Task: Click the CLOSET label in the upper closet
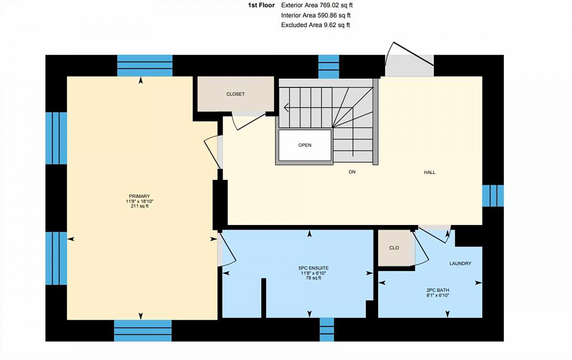(235, 94)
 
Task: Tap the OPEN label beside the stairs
(305, 145)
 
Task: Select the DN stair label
(352, 172)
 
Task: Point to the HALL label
(430, 173)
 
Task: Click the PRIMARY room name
(139, 196)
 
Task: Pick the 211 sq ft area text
(139, 206)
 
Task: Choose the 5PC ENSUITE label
(313, 268)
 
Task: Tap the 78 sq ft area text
(313, 278)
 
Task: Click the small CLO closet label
(394, 248)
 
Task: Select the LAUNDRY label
(460, 263)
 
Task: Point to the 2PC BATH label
(438, 290)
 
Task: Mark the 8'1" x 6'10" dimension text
(438, 295)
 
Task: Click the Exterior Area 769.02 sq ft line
(317, 5)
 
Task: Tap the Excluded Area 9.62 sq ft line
(316, 25)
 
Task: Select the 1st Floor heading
(262, 5)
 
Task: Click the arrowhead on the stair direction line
(286, 108)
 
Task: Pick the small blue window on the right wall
(493, 195)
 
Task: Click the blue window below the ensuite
(327, 329)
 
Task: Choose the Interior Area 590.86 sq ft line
(316, 15)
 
